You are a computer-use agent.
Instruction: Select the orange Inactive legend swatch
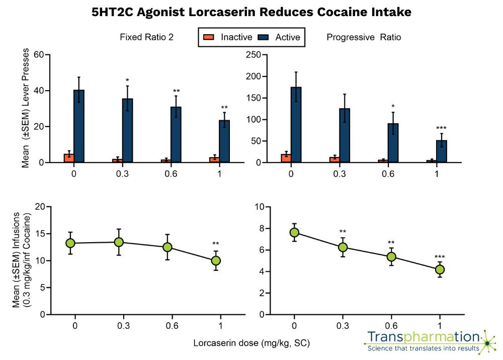[208, 37]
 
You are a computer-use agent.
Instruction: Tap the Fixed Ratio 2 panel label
[147, 37]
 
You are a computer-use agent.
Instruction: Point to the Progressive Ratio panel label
[364, 37]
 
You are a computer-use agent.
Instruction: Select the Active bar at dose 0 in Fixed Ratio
[79, 126]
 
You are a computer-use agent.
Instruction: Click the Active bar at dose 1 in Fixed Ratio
[224, 141]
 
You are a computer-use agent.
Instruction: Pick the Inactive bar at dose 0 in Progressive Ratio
[286, 158]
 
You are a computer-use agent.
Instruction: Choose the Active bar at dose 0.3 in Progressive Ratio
[344, 135]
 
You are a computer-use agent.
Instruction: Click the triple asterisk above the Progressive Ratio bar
[441, 128]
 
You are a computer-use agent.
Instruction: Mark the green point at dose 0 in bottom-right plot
[295, 232]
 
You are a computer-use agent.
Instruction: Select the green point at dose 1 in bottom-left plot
[216, 260]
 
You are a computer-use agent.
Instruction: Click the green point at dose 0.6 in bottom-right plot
[392, 257]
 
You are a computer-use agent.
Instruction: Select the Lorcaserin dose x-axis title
[251, 343]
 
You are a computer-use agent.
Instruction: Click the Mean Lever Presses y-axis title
[25, 108]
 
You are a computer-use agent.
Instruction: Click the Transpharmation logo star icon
[486, 343]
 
